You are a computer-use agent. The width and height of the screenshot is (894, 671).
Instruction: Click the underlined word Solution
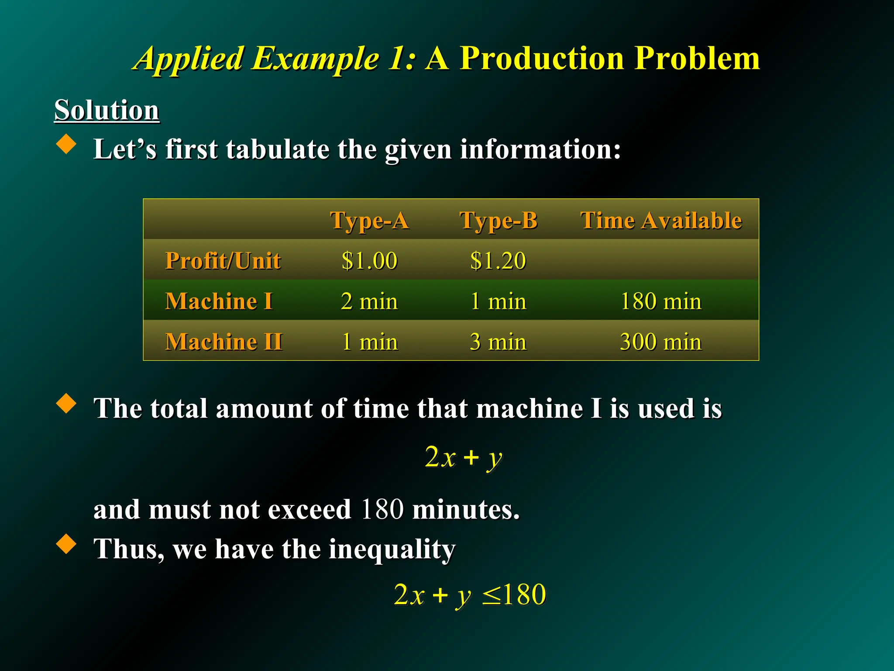coord(107,110)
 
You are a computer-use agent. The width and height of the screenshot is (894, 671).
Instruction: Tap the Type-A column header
coord(369,220)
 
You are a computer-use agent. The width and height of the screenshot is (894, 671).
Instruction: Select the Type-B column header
coord(499,220)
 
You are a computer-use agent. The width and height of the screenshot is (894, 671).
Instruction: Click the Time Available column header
coord(660,220)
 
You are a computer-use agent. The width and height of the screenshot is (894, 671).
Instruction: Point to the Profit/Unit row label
coord(223,261)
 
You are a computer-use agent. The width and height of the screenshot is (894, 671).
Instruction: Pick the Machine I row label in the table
coord(219,301)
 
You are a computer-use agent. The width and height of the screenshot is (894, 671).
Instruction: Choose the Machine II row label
coord(224,342)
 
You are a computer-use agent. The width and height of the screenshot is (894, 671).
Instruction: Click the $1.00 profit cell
coord(369,261)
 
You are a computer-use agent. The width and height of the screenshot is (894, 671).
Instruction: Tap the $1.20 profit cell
coord(498,261)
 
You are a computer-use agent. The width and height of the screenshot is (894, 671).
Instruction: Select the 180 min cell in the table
coord(660,301)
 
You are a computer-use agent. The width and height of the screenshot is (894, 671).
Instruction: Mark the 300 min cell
coord(660,342)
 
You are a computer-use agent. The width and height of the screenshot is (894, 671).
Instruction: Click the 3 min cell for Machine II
coord(498,342)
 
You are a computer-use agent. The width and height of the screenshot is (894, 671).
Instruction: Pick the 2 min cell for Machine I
coord(369,301)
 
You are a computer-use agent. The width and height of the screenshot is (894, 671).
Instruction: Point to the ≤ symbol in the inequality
coord(492,595)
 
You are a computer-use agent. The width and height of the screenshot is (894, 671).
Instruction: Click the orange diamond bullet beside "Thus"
coord(66,544)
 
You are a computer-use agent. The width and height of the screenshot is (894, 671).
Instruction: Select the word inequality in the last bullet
coord(392,549)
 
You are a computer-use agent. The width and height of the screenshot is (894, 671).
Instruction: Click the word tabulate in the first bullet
coord(277,149)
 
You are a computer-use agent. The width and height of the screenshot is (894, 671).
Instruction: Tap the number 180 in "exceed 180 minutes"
coord(382,509)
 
